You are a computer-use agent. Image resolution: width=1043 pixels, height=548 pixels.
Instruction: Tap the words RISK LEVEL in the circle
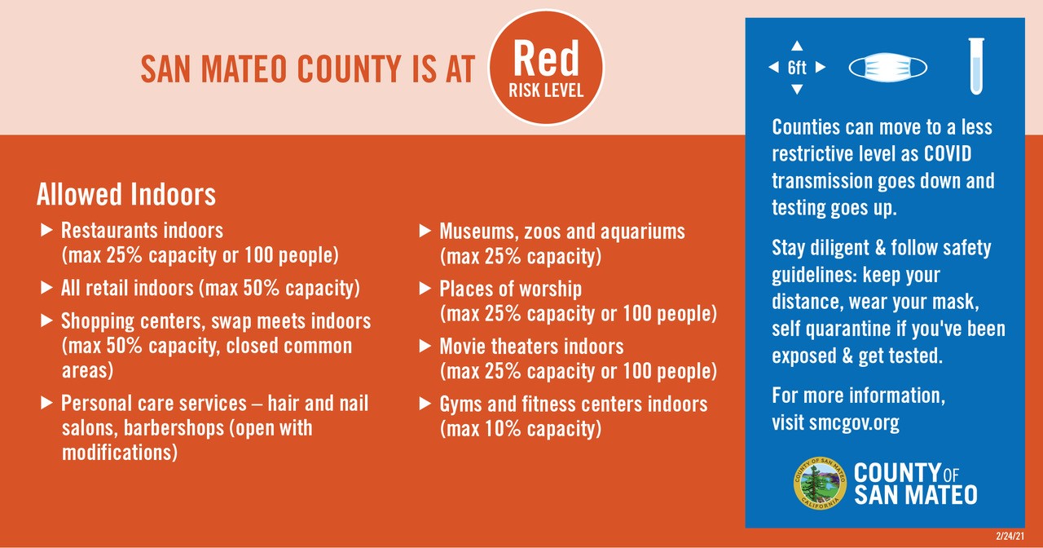click(546, 91)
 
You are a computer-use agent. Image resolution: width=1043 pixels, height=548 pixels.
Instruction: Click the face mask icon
click(887, 68)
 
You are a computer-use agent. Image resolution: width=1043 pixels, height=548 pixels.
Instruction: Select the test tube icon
click(976, 66)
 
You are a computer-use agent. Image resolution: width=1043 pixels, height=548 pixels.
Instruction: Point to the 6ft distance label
click(797, 68)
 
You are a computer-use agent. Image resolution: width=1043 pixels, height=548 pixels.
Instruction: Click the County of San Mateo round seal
click(820, 484)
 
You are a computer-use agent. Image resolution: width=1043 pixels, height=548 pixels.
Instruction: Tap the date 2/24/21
click(1010, 537)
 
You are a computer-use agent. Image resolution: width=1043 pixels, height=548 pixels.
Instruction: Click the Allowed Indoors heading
click(126, 194)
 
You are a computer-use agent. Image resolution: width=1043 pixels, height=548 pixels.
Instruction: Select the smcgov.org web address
click(854, 422)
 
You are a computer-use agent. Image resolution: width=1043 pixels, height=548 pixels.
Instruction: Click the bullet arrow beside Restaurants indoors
click(46, 230)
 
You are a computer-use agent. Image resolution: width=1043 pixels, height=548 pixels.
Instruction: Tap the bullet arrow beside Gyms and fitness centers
click(425, 403)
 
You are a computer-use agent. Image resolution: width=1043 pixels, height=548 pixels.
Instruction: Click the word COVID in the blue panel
click(948, 154)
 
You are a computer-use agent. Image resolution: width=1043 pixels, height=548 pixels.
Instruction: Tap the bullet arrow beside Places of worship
click(425, 289)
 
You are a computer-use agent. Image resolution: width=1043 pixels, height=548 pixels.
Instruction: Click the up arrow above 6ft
click(797, 46)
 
